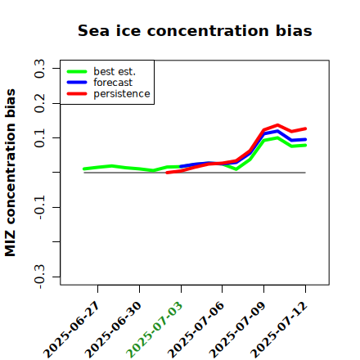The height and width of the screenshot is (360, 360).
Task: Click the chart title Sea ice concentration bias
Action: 195,30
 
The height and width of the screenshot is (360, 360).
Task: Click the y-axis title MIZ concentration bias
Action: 11,173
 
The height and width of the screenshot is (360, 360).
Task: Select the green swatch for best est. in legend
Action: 77,71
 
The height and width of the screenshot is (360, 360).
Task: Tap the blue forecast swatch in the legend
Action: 77,83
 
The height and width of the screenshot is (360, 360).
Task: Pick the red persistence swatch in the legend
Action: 77,93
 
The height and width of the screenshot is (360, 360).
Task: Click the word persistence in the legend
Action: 122,94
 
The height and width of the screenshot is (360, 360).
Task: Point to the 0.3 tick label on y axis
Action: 39,68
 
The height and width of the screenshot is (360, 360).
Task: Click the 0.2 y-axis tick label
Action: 39,103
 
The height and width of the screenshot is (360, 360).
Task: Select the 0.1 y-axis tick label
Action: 39,138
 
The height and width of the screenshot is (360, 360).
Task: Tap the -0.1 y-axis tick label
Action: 39,207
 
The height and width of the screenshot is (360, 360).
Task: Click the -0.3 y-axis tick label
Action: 39,277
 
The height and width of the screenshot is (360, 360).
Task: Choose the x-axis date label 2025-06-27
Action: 71,330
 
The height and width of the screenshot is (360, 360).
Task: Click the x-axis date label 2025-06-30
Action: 113,330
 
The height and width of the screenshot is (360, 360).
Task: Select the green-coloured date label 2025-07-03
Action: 155,330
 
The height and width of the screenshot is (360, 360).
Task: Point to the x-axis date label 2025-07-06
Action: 196,330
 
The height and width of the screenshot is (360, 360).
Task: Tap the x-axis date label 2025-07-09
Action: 237,330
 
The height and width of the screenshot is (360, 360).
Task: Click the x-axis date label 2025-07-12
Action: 279,330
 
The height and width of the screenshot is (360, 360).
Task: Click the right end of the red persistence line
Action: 305,128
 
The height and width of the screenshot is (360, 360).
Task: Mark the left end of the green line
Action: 84,169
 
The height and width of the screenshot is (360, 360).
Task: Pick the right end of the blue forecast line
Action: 305,140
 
